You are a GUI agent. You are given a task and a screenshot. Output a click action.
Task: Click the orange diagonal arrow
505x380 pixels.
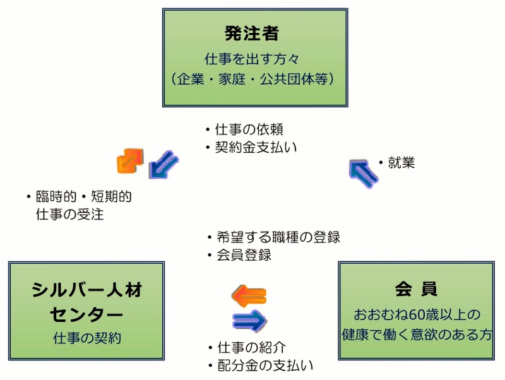click(130, 161)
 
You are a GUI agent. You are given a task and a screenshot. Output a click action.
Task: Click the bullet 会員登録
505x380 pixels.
click(244, 255)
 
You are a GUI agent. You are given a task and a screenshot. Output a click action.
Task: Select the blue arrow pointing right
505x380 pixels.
click(249, 321)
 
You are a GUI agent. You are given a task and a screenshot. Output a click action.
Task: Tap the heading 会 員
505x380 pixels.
click(416, 289)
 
